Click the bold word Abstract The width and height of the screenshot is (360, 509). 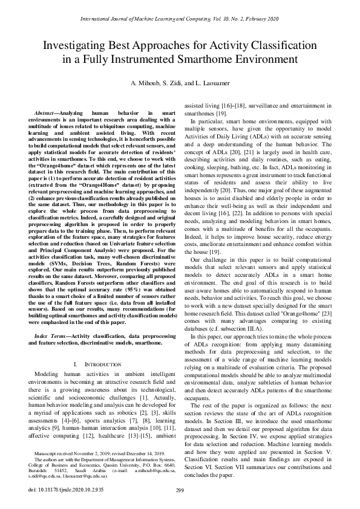pyautogui.click(x=53, y=113)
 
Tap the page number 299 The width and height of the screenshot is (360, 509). pyautogui.click(x=180, y=490)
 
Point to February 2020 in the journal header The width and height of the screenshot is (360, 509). pyautogui.click(x=260, y=19)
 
